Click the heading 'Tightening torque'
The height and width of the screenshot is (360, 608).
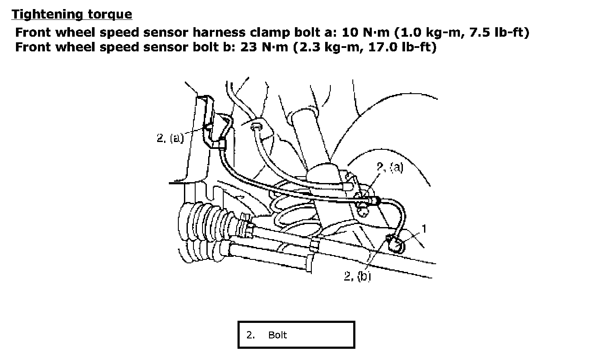click(x=72, y=14)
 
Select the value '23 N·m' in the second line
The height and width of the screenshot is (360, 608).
click(x=264, y=47)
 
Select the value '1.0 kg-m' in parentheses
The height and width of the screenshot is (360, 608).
click(x=429, y=33)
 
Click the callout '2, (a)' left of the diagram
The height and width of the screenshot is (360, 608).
click(x=170, y=138)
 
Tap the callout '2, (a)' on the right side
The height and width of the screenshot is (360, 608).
click(x=390, y=167)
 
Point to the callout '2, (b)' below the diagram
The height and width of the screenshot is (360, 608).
click(x=357, y=276)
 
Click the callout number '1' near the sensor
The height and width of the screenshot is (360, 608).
click(x=424, y=229)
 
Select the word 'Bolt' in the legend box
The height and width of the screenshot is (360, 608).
click(x=277, y=335)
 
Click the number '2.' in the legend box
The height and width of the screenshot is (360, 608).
click(x=250, y=335)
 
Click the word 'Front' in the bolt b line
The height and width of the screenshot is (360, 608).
click(x=33, y=47)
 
